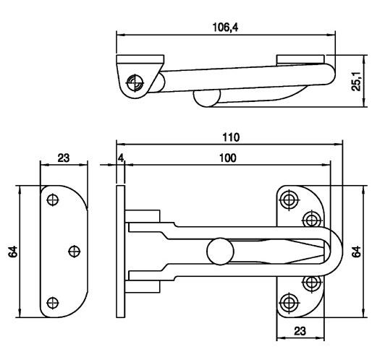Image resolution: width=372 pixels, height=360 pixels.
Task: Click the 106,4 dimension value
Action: pos(225,27)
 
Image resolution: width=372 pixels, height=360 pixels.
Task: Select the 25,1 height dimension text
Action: pos(356,81)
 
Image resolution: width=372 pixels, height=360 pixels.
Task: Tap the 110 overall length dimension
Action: pos(231,137)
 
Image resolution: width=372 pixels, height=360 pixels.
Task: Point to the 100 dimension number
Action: pos(228,158)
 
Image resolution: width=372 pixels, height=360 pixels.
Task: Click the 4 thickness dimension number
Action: pos(121,158)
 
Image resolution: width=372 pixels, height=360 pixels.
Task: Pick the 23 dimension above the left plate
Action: pos(64,158)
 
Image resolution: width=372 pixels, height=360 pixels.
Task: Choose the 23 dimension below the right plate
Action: pos(300,331)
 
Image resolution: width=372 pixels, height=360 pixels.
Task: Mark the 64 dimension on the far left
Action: pos(13,252)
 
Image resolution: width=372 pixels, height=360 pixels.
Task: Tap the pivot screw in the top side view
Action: pos(135,82)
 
